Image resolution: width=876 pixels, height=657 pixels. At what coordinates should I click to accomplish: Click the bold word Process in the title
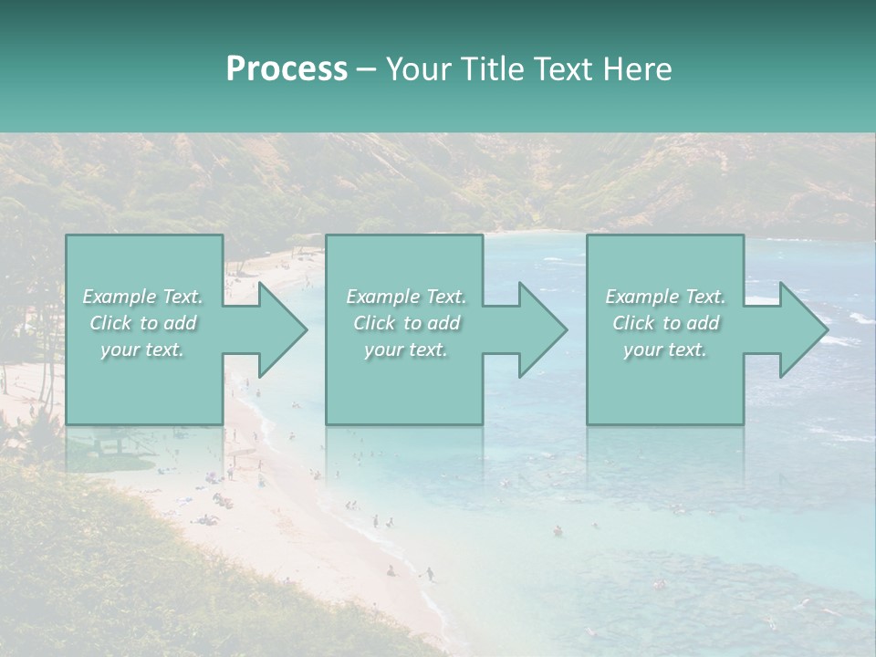pyautogui.click(x=287, y=69)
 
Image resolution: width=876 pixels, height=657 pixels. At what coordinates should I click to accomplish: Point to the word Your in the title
pyautogui.click(x=417, y=69)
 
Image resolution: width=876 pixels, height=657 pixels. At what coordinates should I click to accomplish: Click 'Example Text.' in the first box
pyautogui.click(x=143, y=297)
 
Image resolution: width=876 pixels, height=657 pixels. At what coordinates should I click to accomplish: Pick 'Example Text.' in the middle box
pyautogui.click(x=406, y=297)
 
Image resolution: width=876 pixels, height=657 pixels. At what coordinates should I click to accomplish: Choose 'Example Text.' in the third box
pyautogui.click(x=665, y=297)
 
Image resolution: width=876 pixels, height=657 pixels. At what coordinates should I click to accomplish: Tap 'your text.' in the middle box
pyautogui.click(x=405, y=349)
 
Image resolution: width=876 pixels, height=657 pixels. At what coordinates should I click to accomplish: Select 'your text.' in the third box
pyautogui.click(x=664, y=349)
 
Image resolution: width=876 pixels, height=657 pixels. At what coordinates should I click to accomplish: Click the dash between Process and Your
pyautogui.click(x=366, y=69)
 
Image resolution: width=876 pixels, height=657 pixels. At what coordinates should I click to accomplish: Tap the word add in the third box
pyautogui.click(x=702, y=323)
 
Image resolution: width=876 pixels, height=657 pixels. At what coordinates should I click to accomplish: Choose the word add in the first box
pyautogui.click(x=179, y=323)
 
